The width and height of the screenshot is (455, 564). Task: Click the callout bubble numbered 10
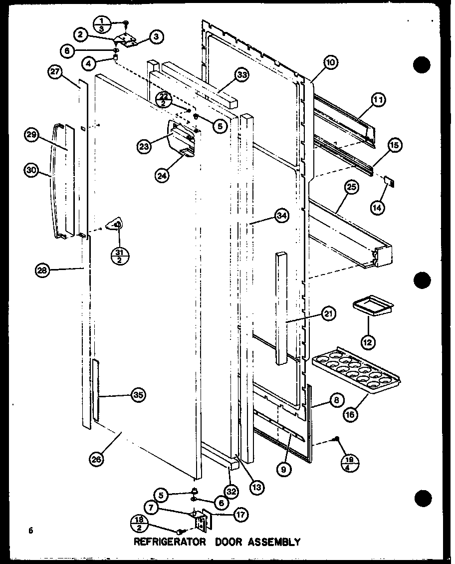click(x=331, y=62)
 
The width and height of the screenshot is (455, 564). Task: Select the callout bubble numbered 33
click(x=242, y=75)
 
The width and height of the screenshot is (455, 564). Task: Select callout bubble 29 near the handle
click(x=31, y=135)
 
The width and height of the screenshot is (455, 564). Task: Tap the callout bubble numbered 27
click(x=54, y=72)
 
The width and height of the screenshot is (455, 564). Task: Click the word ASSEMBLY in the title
click(x=275, y=542)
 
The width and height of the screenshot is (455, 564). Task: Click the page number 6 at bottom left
click(x=30, y=531)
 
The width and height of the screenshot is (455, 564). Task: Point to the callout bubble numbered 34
click(x=282, y=216)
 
